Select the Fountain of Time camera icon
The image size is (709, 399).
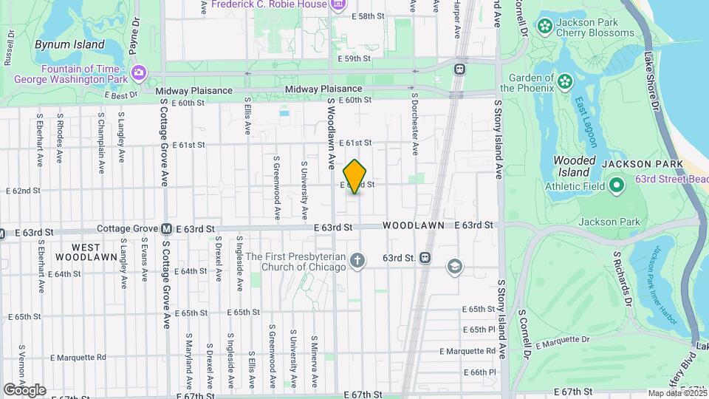coord(138,72)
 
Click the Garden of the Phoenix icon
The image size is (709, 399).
coord(566,80)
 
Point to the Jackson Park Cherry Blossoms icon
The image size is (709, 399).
coord(545,27)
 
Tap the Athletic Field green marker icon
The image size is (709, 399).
coord(616,185)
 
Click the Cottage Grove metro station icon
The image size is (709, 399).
coord(167,230)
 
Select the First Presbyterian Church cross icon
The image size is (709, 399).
coord(357,259)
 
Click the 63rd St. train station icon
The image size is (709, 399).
coord(425,257)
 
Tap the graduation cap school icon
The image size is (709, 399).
coord(454,265)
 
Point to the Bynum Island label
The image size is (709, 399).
coord(69,44)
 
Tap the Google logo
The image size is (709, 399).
coord(24,389)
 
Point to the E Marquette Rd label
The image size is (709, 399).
coord(78,358)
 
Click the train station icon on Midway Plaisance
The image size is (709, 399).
coord(459,69)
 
